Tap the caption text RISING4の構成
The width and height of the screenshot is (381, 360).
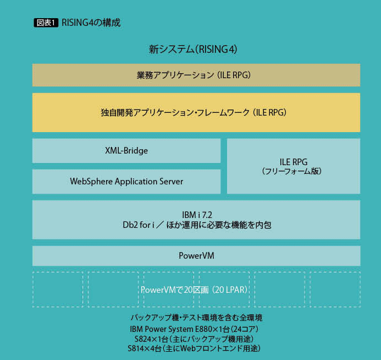tap(91, 23)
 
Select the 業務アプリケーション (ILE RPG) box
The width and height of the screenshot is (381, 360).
tap(196, 75)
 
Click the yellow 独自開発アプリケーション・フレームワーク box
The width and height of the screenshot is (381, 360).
tap(196, 112)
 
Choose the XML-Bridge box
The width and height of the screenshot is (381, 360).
tap(126, 150)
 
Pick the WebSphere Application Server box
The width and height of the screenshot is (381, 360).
tap(126, 181)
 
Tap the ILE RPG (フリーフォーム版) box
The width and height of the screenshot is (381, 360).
tap(293, 166)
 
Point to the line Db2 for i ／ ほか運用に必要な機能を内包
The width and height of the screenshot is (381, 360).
tap(196, 225)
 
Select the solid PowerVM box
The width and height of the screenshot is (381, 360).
tap(196, 255)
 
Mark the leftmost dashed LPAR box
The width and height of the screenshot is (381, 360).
tap(57, 289)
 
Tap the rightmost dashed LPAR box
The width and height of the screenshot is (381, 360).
tap(335, 289)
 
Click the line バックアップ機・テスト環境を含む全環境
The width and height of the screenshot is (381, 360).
tap(196, 318)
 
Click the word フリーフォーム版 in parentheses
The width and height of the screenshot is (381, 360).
tap(293, 171)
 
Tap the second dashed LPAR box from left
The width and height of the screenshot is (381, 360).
tap(113, 289)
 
